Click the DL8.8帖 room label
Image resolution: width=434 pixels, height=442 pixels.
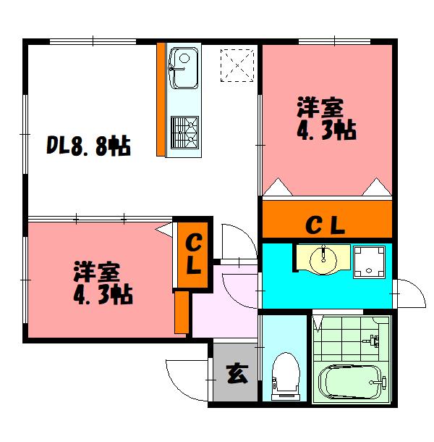88,147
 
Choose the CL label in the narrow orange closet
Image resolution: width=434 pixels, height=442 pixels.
193,254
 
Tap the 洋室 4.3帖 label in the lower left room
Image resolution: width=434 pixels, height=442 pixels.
101,284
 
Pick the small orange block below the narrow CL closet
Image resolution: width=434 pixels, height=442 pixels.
182,312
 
